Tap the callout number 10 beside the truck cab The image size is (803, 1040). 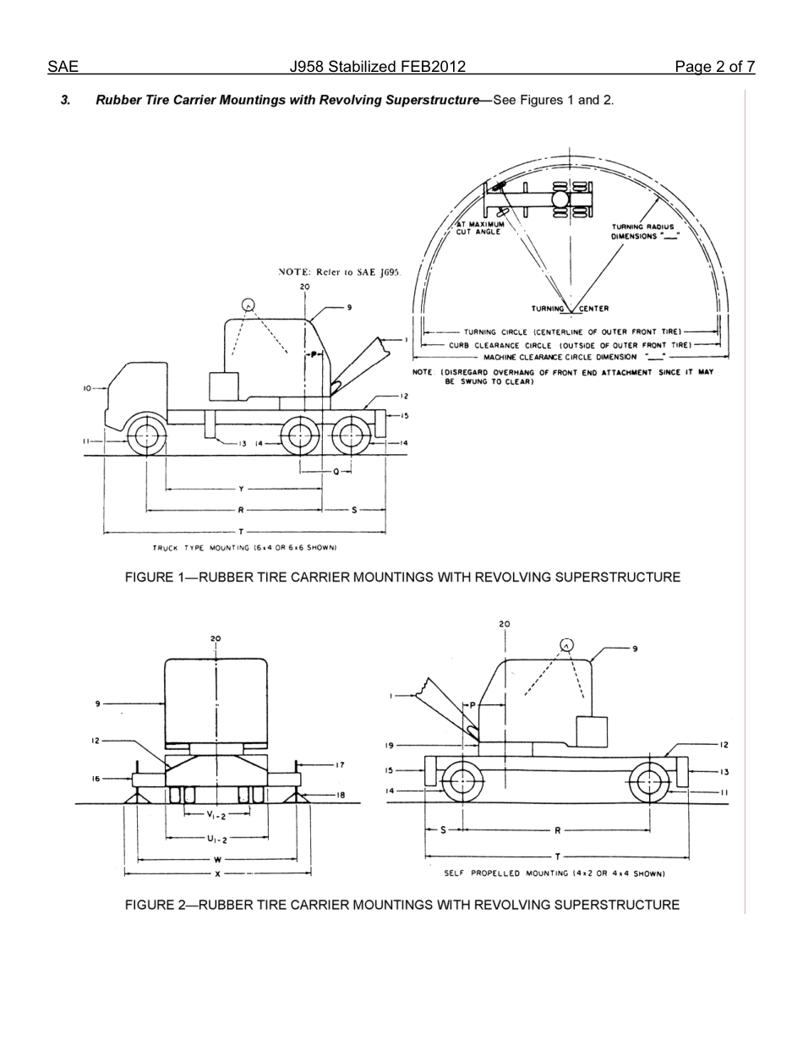pos(87,388)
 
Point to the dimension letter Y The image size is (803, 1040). pos(241,489)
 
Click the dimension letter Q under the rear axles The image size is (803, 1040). pos(336,472)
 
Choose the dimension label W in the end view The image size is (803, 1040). pos(217,860)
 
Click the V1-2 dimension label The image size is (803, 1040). pos(216,815)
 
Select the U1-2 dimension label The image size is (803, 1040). pos(216,839)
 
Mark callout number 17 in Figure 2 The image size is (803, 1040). pos(340,765)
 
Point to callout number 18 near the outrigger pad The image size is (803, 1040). pos(340,795)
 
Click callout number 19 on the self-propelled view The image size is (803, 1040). pos(390,745)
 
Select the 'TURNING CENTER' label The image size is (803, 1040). pos(570,309)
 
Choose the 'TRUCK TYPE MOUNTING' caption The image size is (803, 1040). pos(244,548)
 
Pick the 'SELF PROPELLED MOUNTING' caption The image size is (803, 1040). pos(554,873)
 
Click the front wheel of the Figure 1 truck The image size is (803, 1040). pos(145,437)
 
